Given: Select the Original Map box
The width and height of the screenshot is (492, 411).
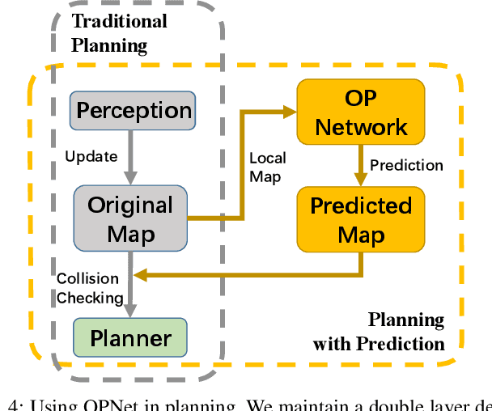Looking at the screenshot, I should [129, 218].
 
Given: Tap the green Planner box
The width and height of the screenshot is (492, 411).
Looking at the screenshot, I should [129, 337].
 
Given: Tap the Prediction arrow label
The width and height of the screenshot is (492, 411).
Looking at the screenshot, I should [406, 165].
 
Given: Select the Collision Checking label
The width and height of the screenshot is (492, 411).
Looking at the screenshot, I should [90, 288].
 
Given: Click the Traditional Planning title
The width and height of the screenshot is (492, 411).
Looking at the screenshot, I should [119, 32].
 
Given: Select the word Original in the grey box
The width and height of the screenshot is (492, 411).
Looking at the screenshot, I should [129, 205].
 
